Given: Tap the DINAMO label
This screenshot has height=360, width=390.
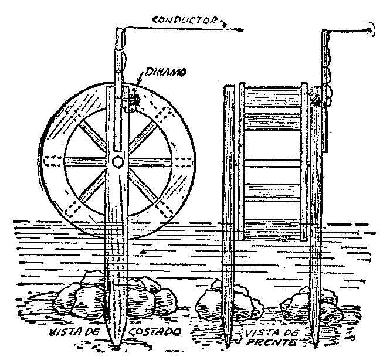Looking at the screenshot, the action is (165, 72).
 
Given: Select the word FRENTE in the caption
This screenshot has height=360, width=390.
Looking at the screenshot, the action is (272, 343).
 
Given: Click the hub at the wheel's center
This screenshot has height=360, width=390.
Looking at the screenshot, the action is (117, 162).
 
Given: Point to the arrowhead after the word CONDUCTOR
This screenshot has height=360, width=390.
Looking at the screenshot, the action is (223, 23).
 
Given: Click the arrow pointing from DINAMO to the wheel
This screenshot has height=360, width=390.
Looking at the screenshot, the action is (139, 77).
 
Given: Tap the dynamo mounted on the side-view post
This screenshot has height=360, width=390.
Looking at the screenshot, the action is (131, 100).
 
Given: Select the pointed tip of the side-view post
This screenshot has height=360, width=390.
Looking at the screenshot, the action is (116, 345).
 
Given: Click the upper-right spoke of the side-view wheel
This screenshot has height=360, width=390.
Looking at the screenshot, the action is (143, 136).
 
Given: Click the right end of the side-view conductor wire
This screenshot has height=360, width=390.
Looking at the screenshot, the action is (243, 30).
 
